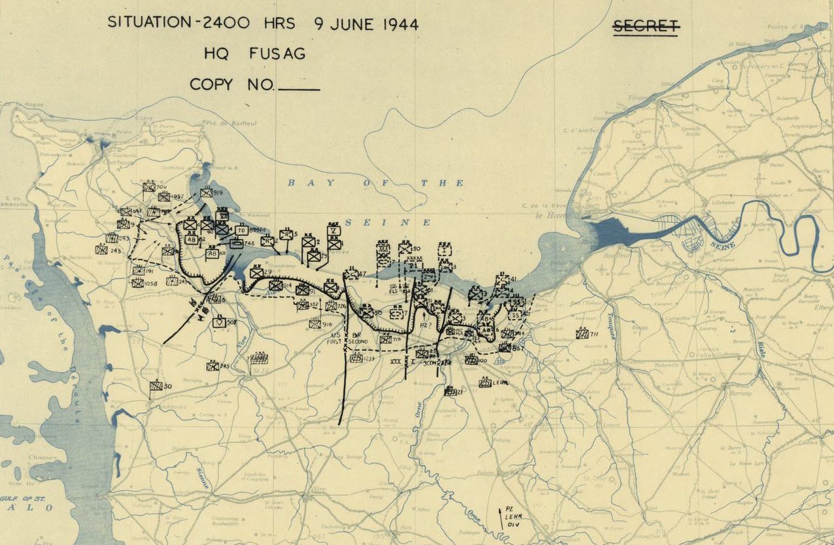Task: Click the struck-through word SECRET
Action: tap(646, 26)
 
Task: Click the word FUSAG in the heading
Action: tap(277, 54)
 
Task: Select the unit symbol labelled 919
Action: tap(206, 193)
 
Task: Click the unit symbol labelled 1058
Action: tap(137, 283)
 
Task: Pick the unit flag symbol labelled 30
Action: tap(156, 386)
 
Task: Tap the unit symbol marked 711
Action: tap(582, 334)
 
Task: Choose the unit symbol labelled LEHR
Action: tap(485, 383)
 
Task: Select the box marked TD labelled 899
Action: tap(241, 231)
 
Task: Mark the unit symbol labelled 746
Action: tap(236, 244)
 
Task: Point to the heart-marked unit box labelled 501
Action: tap(219, 322)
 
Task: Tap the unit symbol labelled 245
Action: tap(213, 366)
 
